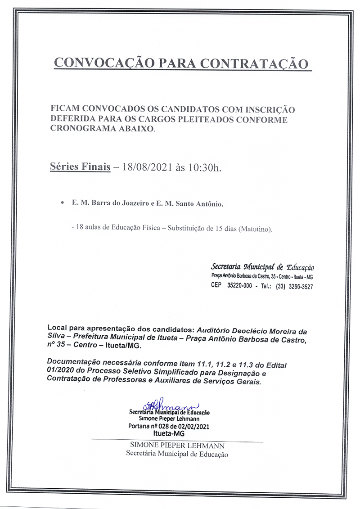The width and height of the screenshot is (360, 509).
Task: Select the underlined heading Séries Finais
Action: (80, 168)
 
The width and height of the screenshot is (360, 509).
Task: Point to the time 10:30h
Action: (205, 168)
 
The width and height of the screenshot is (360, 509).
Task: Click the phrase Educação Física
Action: (140, 229)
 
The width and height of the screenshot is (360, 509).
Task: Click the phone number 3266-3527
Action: (301, 286)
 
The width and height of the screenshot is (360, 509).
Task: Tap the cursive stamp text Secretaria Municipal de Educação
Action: (262, 267)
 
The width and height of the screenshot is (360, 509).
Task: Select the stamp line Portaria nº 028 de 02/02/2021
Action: (169, 426)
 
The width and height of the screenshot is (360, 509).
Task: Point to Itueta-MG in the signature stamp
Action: (169, 433)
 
